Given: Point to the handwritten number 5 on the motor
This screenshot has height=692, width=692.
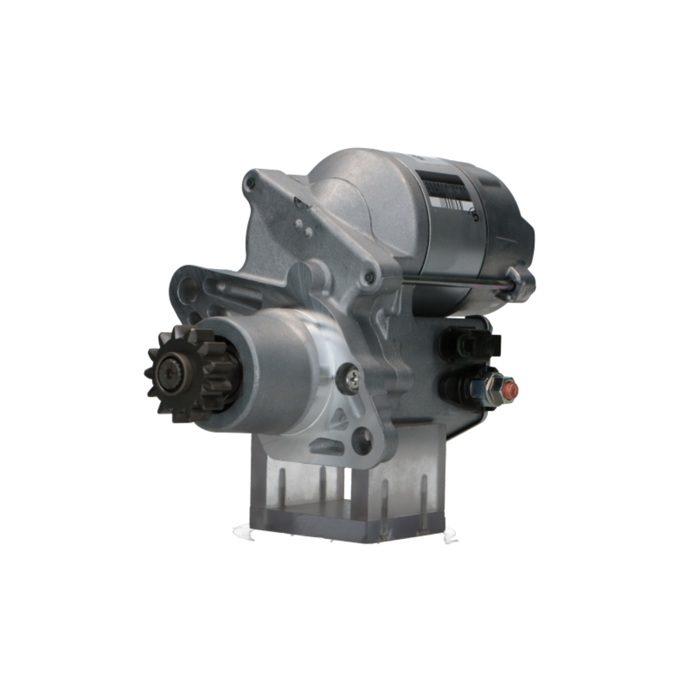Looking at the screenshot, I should point(474,214).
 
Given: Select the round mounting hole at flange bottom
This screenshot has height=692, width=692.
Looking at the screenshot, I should point(361,439).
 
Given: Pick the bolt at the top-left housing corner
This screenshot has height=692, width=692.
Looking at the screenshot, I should point(251,183).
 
